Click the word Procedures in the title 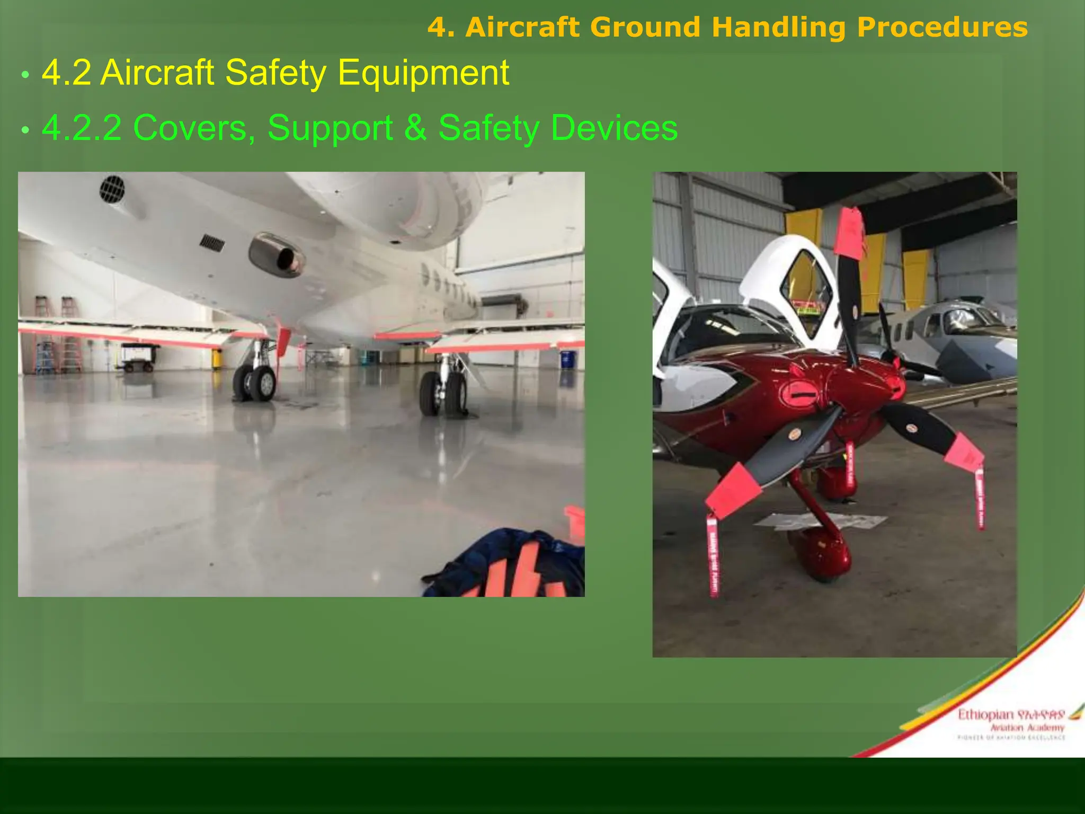(x=942, y=28)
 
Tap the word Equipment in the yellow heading (x=423, y=73)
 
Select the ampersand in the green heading (x=415, y=128)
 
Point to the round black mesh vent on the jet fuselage (x=112, y=189)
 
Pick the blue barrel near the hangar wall (x=567, y=359)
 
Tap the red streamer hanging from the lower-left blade (x=713, y=556)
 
